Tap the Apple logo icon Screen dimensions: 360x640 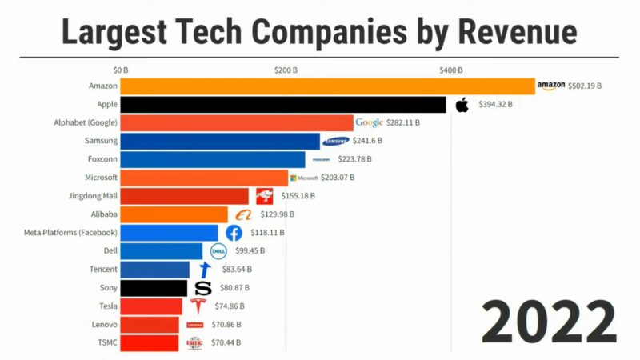point(462,105)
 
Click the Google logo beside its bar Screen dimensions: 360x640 point(369,122)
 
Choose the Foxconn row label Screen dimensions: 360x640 point(102,158)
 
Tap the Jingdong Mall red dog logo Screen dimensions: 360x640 point(264,196)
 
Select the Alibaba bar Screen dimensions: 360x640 point(174,214)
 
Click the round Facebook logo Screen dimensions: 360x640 point(234,233)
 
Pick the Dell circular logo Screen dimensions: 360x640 point(218,251)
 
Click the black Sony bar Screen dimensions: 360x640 point(154,288)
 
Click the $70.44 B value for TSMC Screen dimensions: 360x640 point(224,343)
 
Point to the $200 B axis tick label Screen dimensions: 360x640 point(286,70)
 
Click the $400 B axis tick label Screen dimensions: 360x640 point(451,70)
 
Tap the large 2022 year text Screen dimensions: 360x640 point(549,322)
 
